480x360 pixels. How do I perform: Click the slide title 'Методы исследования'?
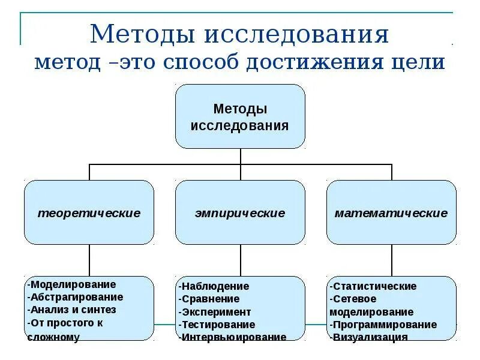[x=239, y=34]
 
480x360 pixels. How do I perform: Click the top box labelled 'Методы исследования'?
[x=240, y=116]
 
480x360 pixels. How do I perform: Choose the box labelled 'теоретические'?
[x=89, y=212]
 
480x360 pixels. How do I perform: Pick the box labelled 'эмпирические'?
[x=240, y=212]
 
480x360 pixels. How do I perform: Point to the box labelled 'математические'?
[x=391, y=212]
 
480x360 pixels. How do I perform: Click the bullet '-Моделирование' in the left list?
[x=72, y=284]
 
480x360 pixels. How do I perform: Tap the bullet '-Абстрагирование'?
[x=76, y=297]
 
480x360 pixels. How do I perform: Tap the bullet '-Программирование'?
[x=383, y=325]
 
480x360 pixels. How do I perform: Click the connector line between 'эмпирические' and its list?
[x=241, y=260]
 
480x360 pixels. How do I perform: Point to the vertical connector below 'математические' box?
[x=392, y=260]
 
